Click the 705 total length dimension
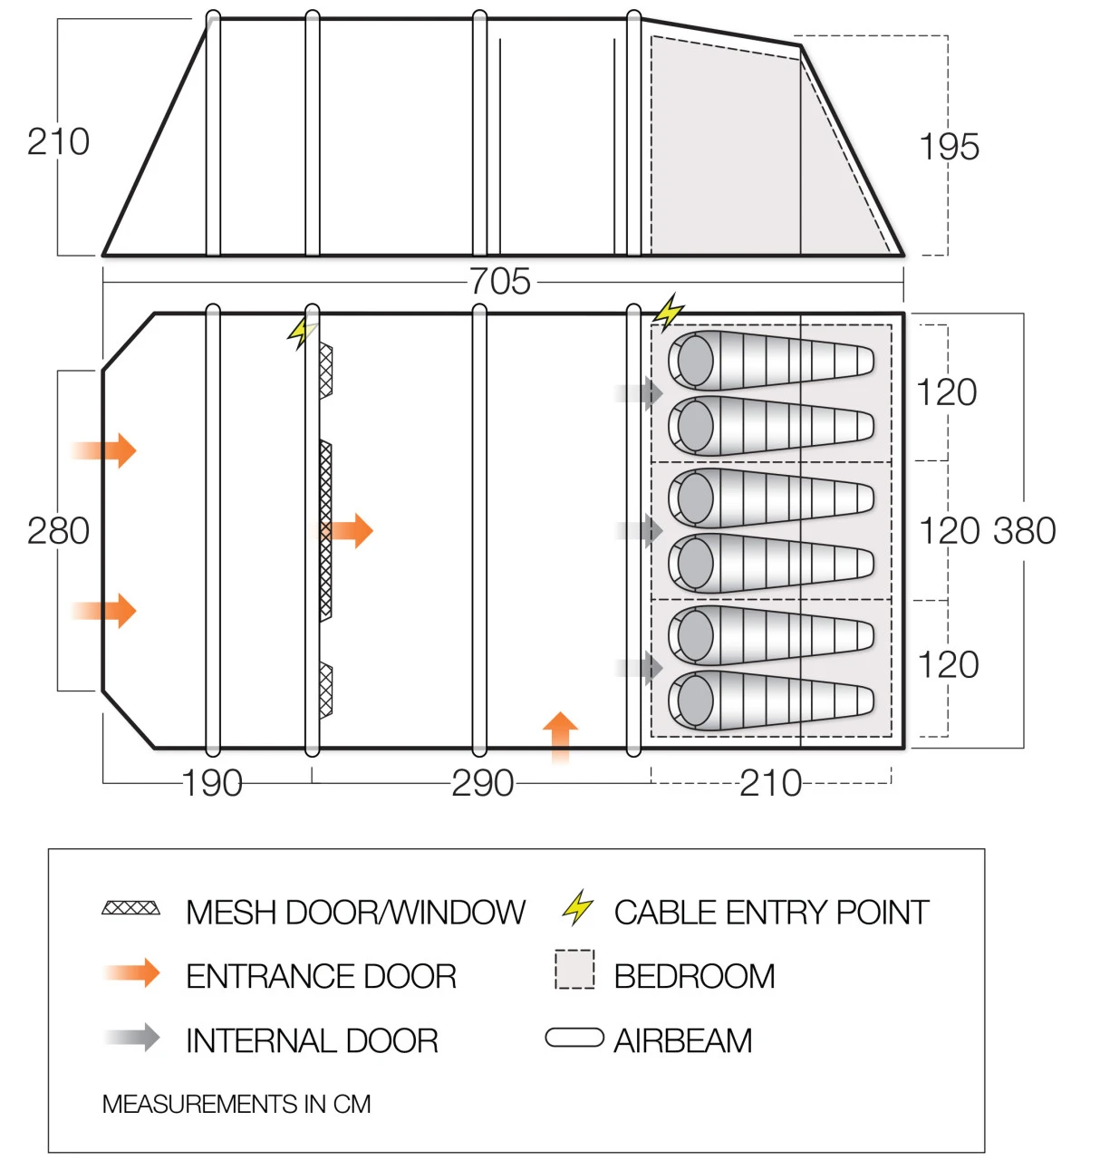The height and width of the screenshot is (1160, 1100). pos(500,282)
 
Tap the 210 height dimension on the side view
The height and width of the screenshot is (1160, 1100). pos(58,142)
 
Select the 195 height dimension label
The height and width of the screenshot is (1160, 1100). pos(949,147)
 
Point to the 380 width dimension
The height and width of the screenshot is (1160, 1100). pos(1025,531)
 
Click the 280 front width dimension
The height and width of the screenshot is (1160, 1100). pos(58,531)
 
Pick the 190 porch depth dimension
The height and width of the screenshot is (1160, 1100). pos(212,783)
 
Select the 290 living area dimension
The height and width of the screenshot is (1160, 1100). pos(482,783)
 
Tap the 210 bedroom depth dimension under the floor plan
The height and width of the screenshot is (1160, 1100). pos(770,783)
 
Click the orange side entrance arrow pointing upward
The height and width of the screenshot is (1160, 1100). pos(560,735)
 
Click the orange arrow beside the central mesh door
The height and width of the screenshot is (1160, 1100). pos(352,531)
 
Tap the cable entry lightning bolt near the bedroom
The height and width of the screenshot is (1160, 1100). pos(669,312)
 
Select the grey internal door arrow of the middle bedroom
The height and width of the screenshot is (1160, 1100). pos(643,530)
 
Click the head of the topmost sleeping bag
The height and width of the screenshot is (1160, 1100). pos(695,361)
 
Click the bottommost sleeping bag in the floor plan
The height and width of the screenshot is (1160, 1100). pos(770,701)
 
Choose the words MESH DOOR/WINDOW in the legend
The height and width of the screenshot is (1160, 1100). pos(355,913)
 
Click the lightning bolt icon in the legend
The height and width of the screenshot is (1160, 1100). pos(577,908)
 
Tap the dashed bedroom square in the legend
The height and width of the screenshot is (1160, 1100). pos(574,970)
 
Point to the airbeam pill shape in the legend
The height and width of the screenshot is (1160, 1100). pos(574,1038)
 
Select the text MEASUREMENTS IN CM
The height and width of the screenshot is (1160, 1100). pos(236,1104)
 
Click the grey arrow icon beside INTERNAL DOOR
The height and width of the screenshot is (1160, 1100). pos(134,1038)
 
